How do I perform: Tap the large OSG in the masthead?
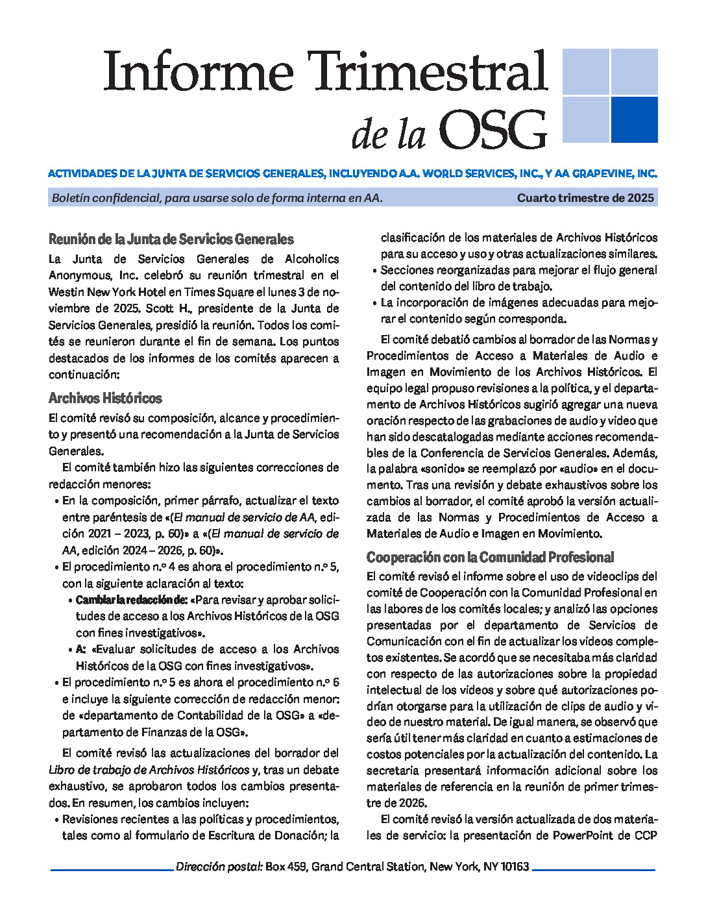(x=493, y=130)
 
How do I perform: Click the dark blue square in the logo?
(x=634, y=119)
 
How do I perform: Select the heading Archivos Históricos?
(x=105, y=398)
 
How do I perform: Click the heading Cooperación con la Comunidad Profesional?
(x=490, y=557)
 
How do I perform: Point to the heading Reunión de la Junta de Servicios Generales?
(x=171, y=239)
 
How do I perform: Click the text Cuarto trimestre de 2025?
(x=585, y=198)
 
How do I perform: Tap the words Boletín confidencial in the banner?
(x=105, y=198)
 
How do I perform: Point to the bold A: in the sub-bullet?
(x=81, y=649)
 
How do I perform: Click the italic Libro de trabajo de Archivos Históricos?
(x=149, y=770)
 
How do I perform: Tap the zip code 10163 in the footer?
(x=515, y=867)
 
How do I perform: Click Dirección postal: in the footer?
(x=219, y=867)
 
